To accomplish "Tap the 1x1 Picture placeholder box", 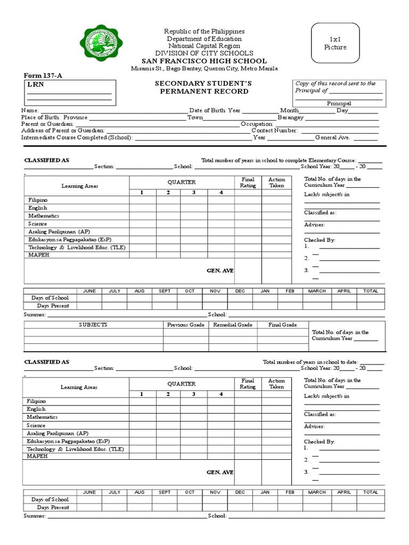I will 335,44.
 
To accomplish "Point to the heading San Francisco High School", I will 204,61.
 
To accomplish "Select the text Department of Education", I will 204,39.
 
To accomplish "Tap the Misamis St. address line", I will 204,69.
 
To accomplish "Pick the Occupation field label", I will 257,124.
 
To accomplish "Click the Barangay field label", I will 290,117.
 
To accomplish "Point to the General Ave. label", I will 332,137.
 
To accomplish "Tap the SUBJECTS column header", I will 93,325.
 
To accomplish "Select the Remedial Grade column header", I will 233,325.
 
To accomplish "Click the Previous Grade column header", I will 186,325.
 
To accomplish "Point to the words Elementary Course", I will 334,160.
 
